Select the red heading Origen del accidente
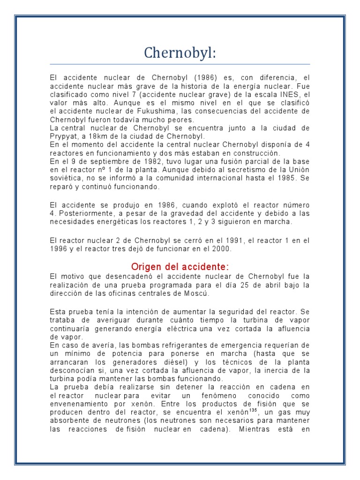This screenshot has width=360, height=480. click(x=180, y=267)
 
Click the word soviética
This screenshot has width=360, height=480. click(x=66, y=178)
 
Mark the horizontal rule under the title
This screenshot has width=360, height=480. click(x=180, y=64)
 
